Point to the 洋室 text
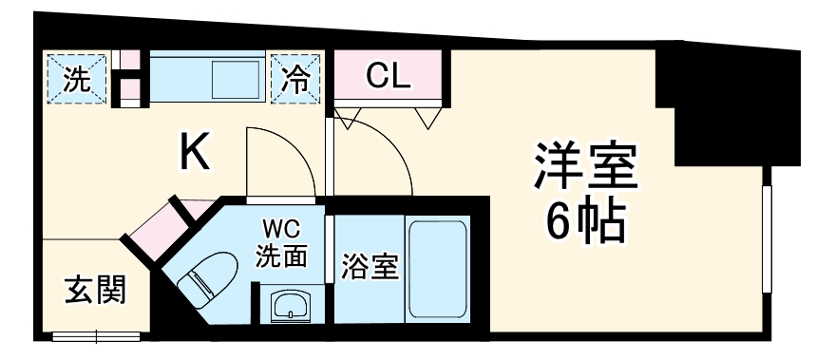click(x=584, y=166)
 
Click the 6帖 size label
click(x=584, y=221)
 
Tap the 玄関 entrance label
click(x=93, y=289)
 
